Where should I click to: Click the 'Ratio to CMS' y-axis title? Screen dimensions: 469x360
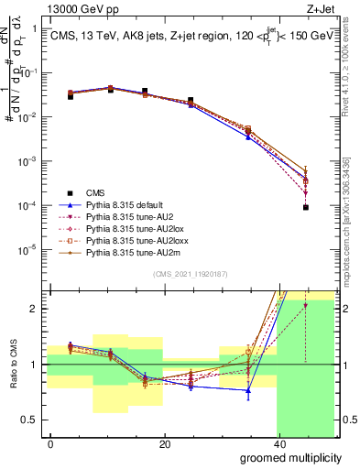(x=12, y=365)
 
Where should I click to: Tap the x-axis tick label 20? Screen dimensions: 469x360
(x=164, y=444)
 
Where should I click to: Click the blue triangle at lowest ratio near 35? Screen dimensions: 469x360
(x=248, y=390)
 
